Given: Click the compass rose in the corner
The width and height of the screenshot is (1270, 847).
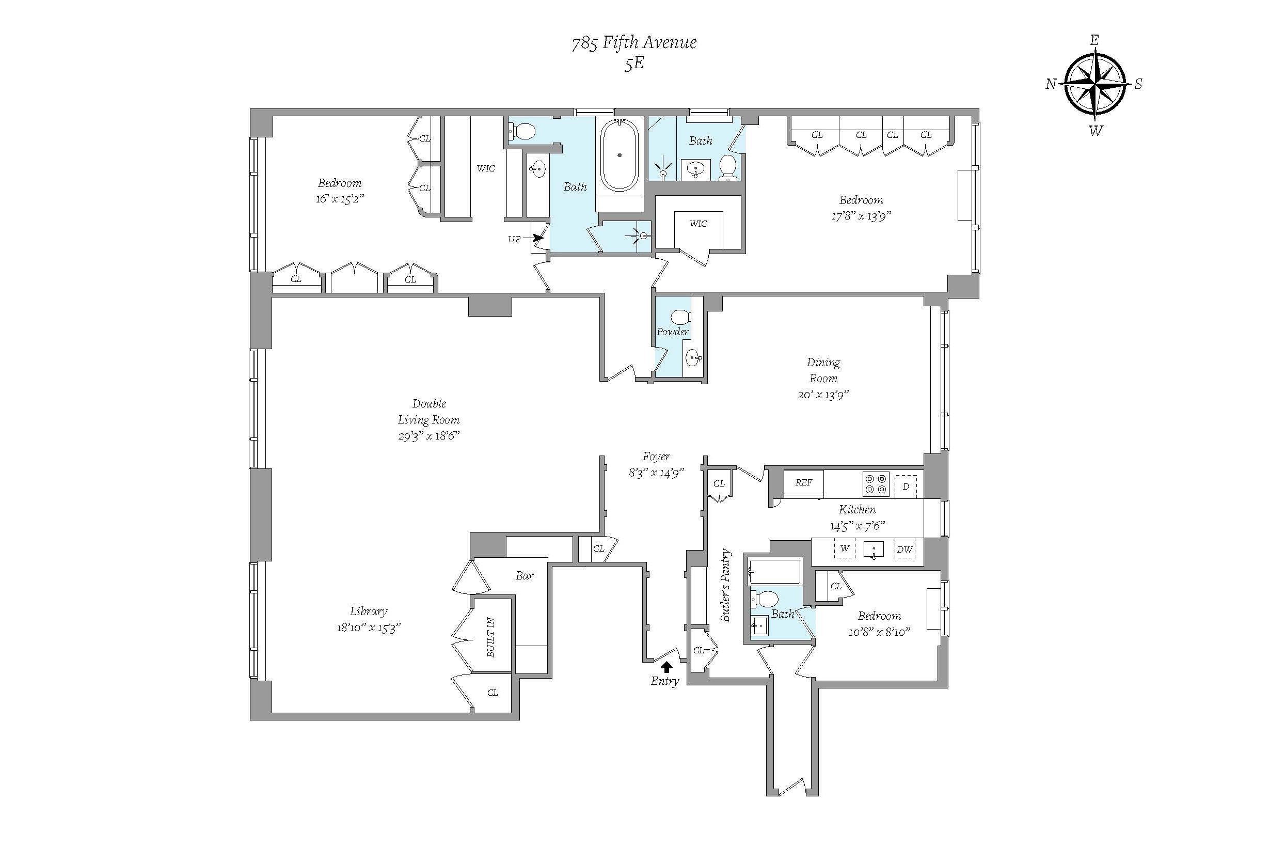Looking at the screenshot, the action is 1095,84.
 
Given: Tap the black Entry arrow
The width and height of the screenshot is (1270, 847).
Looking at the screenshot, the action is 667,667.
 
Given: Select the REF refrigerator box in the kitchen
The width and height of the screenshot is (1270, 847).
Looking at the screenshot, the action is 804,483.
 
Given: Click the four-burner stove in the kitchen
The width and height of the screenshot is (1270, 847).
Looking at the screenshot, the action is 875,483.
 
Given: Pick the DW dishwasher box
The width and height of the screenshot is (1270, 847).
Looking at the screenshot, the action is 905,550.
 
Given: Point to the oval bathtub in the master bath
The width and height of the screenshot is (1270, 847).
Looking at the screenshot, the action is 620,155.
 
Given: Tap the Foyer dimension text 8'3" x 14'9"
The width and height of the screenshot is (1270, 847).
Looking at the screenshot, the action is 656,473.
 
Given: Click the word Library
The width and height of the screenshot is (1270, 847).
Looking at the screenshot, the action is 369,611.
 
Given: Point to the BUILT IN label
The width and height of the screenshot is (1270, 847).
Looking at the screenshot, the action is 490,637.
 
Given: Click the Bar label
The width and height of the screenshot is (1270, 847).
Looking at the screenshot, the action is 525,576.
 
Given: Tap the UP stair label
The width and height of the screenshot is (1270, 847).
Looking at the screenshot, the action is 514,239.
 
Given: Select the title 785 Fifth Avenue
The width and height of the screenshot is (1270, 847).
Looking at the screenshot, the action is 634,43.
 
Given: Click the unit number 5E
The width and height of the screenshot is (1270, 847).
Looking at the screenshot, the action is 634,64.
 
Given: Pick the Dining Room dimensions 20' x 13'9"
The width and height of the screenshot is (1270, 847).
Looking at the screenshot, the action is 823,395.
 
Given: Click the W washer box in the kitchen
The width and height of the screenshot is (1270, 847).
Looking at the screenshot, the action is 845,549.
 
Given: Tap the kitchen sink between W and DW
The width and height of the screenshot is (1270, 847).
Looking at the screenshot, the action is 874,550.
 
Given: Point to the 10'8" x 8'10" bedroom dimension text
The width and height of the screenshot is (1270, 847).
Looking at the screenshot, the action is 880,632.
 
